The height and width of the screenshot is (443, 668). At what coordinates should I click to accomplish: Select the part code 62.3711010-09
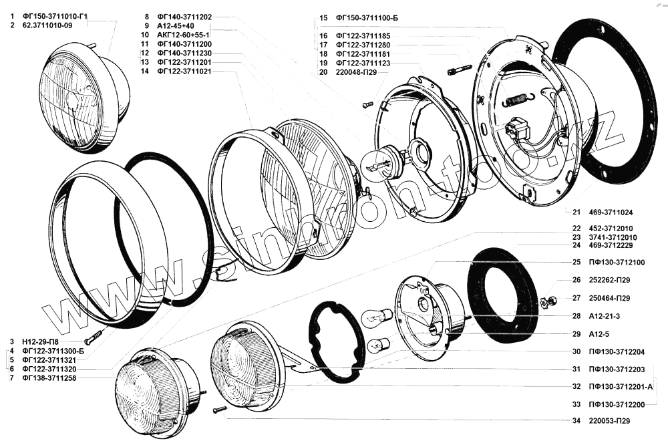tap(47, 25)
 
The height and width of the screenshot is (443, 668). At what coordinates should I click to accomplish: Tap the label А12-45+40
tap(176, 26)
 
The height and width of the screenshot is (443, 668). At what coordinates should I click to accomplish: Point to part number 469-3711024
tap(611, 212)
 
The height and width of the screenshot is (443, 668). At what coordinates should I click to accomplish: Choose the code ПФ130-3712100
tap(617, 263)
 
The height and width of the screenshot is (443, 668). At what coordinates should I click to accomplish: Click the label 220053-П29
tap(609, 421)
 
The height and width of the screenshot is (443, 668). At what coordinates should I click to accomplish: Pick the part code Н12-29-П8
tap(41, 341)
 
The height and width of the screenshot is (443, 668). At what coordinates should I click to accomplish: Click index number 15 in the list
tap(323, 18)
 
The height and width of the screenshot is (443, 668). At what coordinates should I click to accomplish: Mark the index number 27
tap(576, 298)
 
